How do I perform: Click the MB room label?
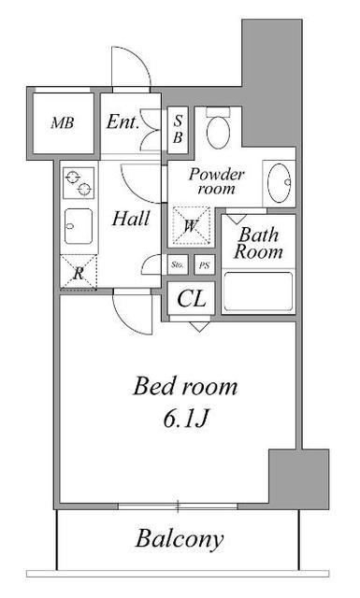(63, 122)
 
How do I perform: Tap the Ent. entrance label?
(122, 122)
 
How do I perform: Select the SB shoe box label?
(178, 129)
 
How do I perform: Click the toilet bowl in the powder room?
(218, 128)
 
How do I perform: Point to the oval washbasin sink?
(279, 182)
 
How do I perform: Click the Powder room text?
(216, 181)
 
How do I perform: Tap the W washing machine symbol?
(191, 226)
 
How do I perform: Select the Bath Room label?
(258, 243)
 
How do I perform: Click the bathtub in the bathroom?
(258, 292)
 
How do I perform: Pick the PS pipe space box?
(204, 264)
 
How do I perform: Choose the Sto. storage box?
(178, 264)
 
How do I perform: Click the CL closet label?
(192, 299)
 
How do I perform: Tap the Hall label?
(131, 219)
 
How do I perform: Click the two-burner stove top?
(79, 183)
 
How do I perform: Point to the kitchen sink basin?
(79, 226)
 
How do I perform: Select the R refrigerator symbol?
(79, 272)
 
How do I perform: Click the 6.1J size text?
(185, 420)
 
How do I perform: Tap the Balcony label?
(180, 539)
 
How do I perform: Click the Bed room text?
(185, 386)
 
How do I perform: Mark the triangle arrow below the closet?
(199, 327)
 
